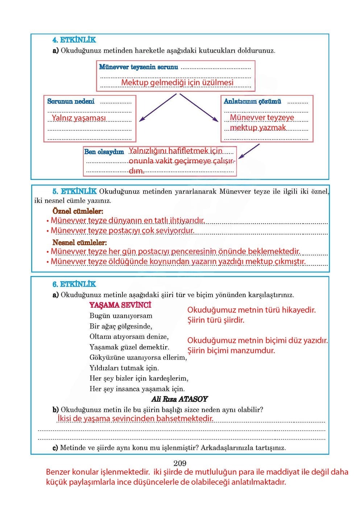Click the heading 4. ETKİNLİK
pyautogui.click(x=74, y=40)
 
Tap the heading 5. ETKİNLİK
pyautogui.click(x=74, y=191)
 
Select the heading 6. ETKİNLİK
pyautogui.click(x=74, y=284)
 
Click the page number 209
pyautogui.click(x=180, y=463)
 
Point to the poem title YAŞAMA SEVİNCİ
pyautogui.click(x=120, y=305)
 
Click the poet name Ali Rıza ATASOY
pyautogui.click(x=179, y=399)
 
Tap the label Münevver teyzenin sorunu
pyautogui.click(x=138, y=67)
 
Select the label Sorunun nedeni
pyautogui.click(x=71, y=102)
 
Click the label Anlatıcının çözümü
pyautogui.click(x=252, y=102)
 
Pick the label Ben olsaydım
pyautogui.click(x=104, y=152)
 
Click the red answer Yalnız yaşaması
pyautogui.click(x=79, y=118)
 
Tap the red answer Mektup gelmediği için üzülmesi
pyautogui.click(x=177, y=82)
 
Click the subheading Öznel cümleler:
pyautogui.click(x=78, y=211)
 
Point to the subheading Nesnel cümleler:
pyautogui.click(x=79, y=242)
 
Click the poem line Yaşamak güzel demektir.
pyautogui.click(x=129, y=347)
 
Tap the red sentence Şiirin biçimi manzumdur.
pyautogui.click(x=231, y=351)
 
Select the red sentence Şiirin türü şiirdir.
pyautogui.click(x=216, y=320)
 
